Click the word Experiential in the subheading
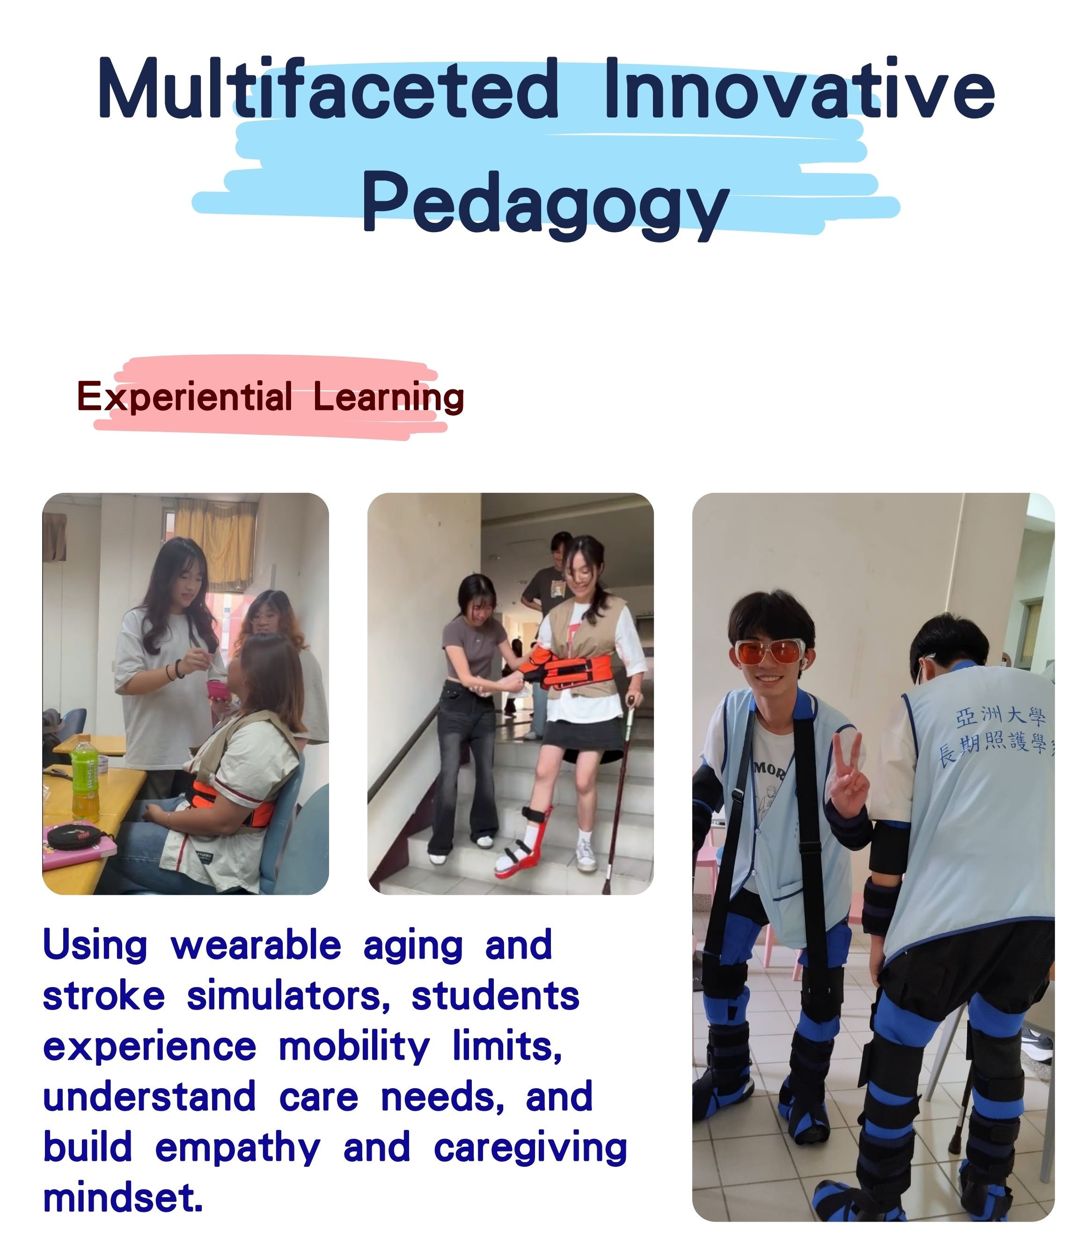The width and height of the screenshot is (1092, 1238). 185,398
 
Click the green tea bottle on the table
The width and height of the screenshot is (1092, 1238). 84,778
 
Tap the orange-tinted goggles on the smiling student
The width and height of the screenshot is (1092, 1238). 770,653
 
